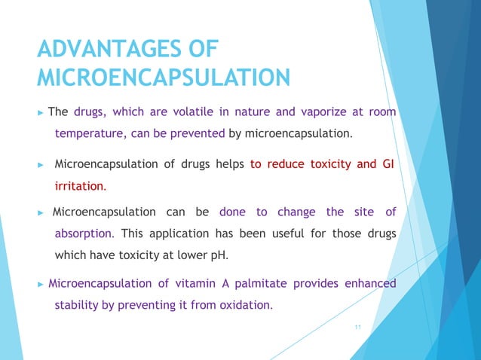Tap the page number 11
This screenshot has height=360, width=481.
click(357, 326)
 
